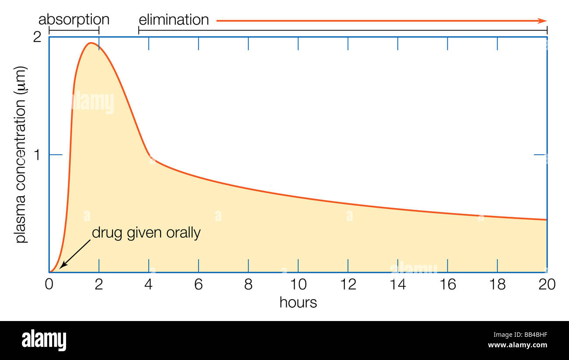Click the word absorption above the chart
[x=74, y=20]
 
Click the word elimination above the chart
[x=174, y=20]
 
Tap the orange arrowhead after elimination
[x=543, y=21]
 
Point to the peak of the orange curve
[x=91, y=43]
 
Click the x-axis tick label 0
[x=49, y=285]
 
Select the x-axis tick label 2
[x=99, y=285]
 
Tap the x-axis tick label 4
[x=149, y=285]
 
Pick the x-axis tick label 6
[x=199, y=285]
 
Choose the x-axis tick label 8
[x=249, y=285]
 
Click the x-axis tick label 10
[x=298, y=285]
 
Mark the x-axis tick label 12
[x=348, y=285]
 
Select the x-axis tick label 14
[x=398, y=285]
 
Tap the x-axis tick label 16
[x=448, y=285]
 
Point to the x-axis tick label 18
[x=498, y=285]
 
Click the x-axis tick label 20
[x=547, y=285]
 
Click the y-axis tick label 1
[x=39, y=155]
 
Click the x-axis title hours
[x=298, y=302]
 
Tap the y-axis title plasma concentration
[x=21, y=155]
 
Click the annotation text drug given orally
[x=146, y=233]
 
